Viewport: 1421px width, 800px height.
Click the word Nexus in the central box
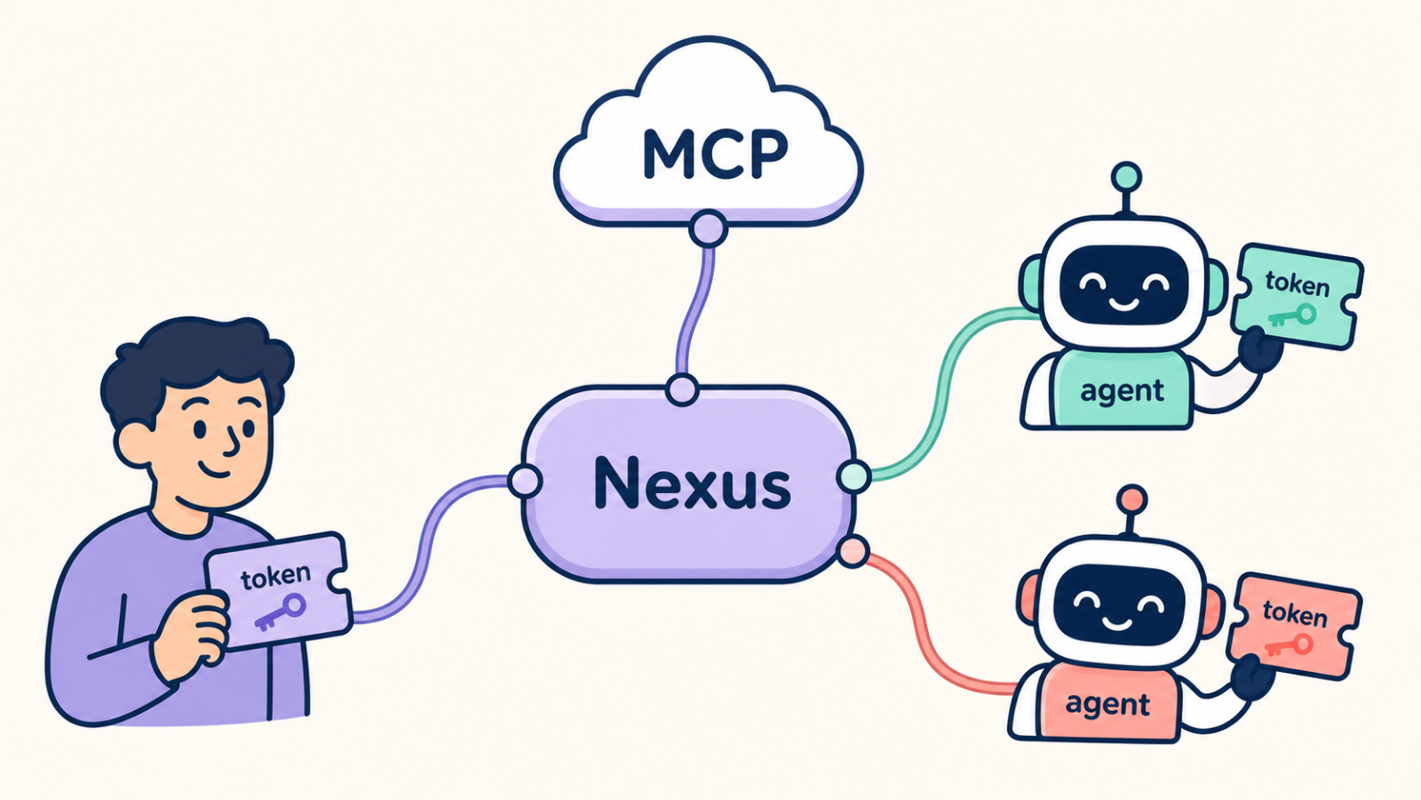tap(692, 485)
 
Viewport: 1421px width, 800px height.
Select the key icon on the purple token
tap(281, 612)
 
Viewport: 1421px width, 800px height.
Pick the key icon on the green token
tap(1292, 316)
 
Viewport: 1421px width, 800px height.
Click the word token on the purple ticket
tap(275, 576)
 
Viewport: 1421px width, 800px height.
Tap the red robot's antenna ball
tap(1132, 500)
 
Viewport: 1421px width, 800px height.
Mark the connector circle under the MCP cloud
tap(708, 228)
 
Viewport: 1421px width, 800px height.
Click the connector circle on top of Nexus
tap(683, 390)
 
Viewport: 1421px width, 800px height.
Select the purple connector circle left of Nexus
tap(525, 481)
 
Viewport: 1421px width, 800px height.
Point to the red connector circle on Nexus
tap(853, 551)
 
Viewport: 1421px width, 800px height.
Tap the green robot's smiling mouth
tap(1123, 304)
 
